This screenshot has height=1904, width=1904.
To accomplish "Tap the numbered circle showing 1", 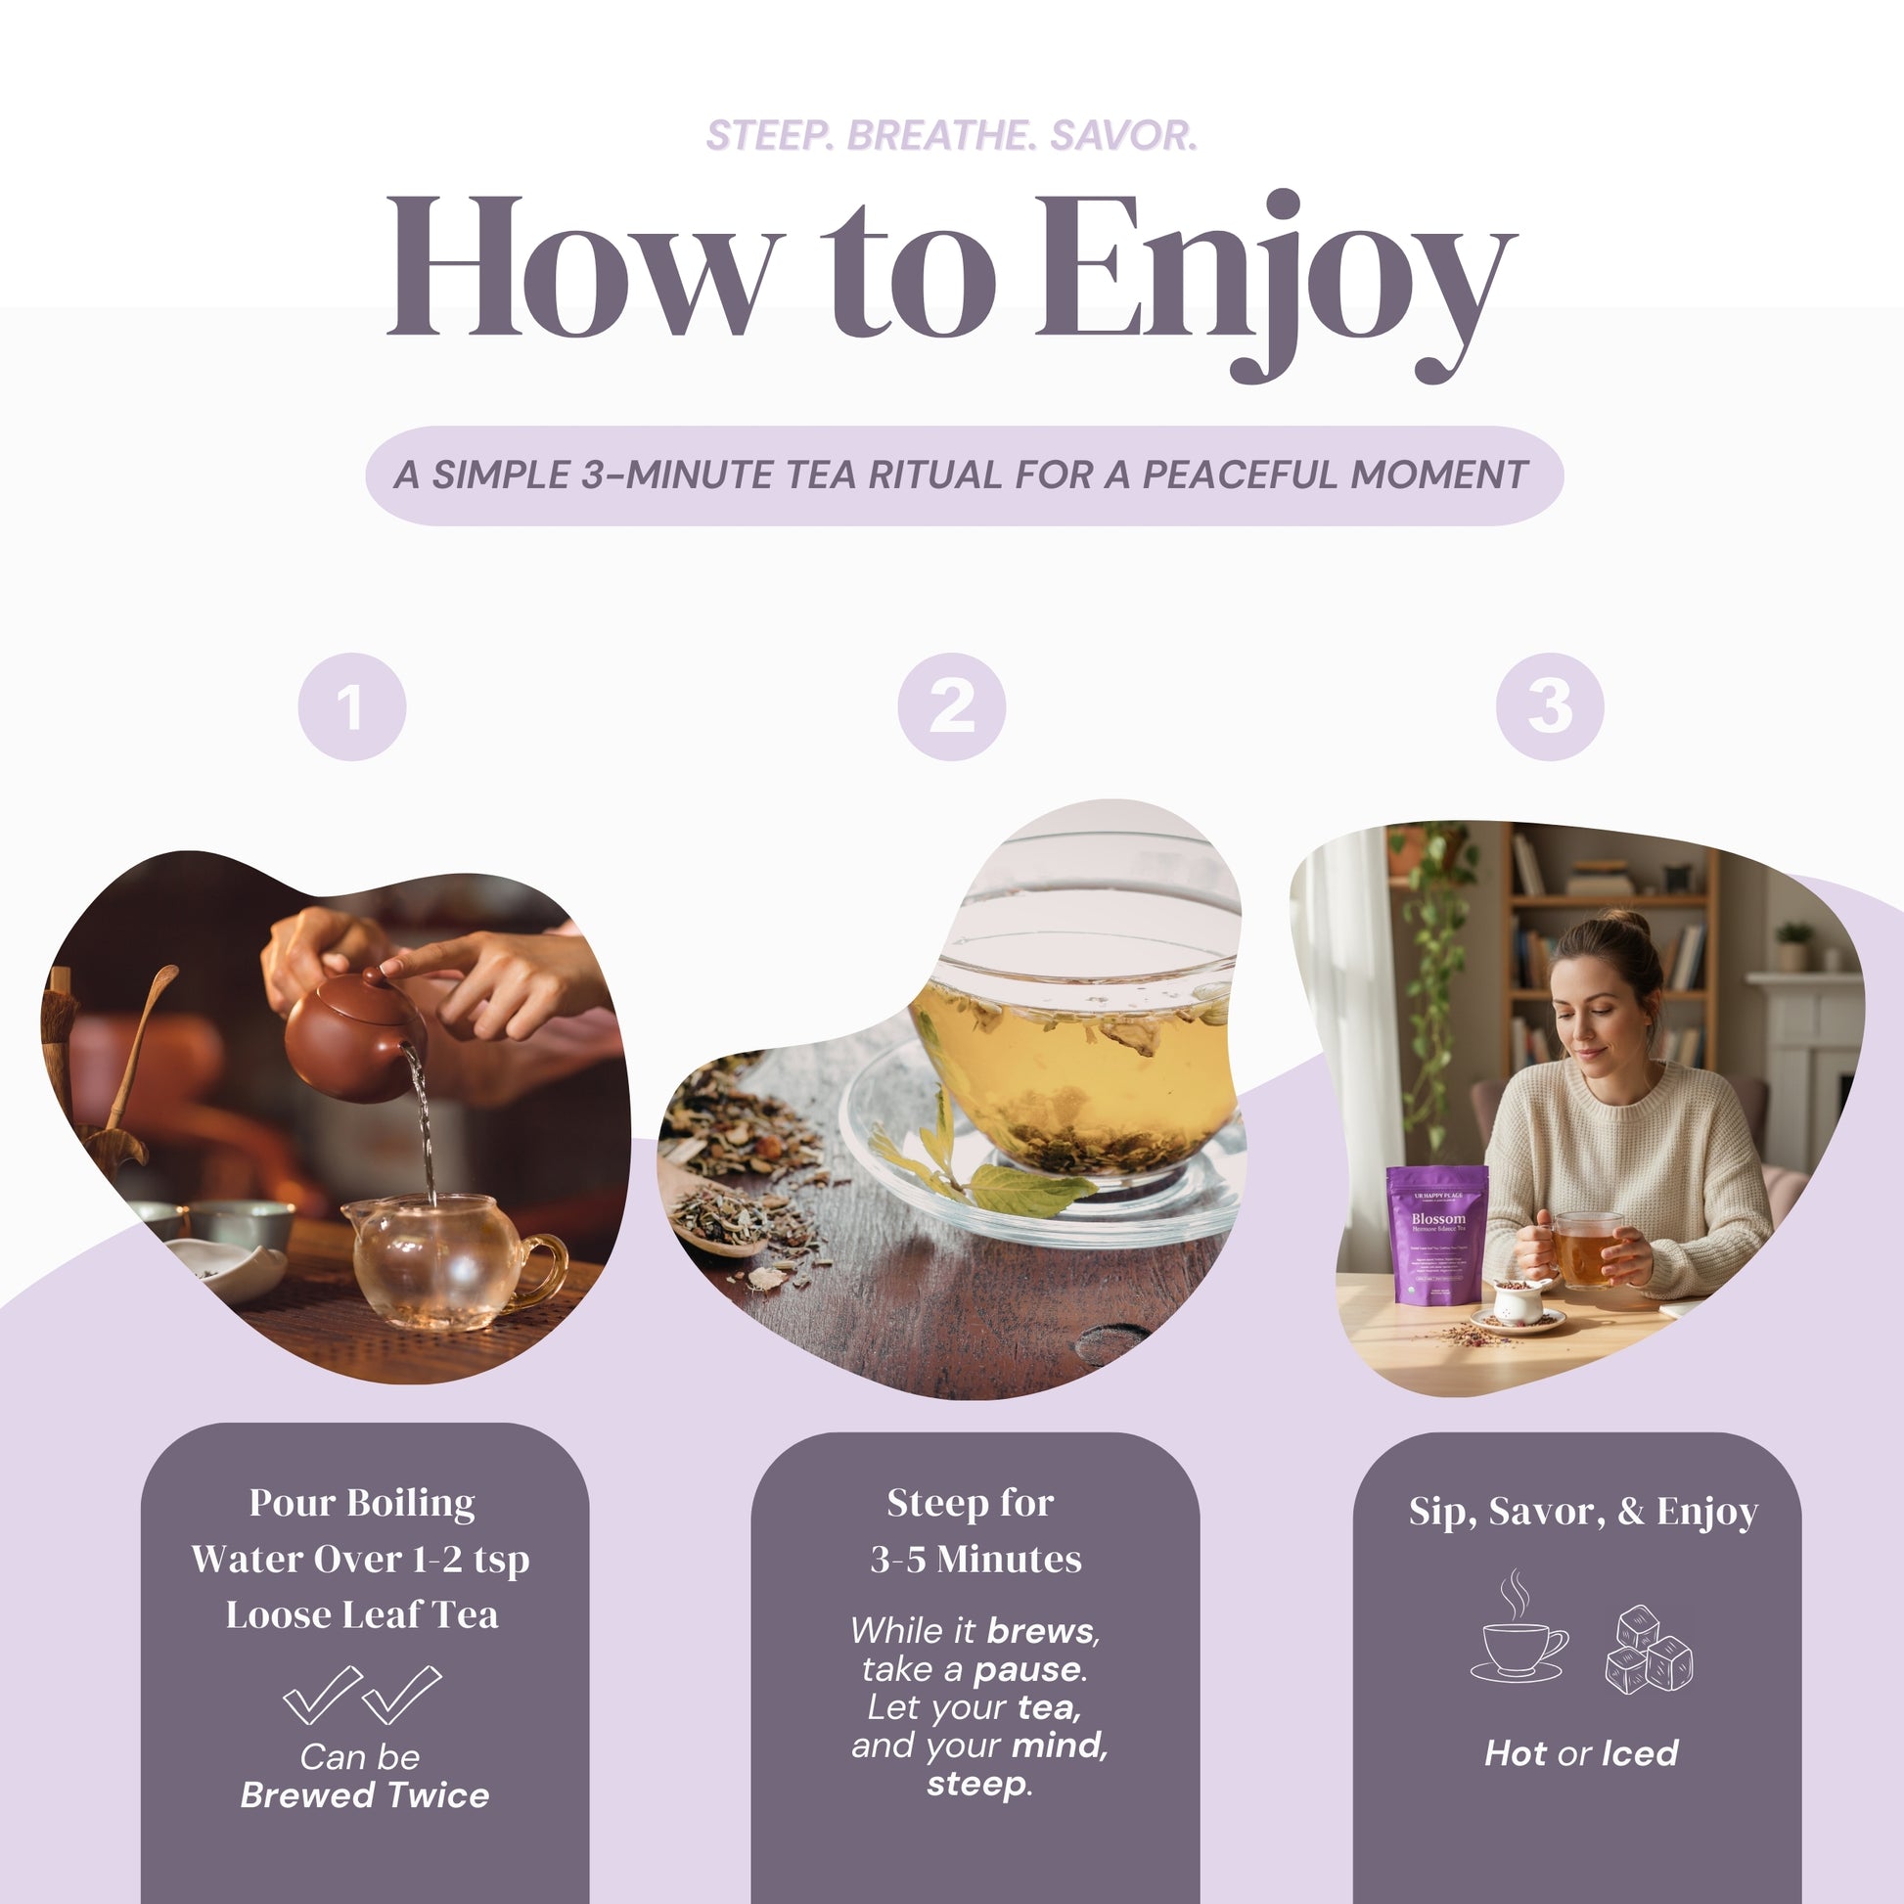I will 352,706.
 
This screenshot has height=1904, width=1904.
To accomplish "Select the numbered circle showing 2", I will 951,706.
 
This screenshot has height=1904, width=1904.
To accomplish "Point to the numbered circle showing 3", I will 1549,706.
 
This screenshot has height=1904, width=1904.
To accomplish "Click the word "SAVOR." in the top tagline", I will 1123,136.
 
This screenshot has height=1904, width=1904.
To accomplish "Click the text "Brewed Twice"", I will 365,1794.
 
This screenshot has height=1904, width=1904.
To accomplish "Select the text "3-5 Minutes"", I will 975,1559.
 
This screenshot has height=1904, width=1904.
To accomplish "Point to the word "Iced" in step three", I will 1640,1753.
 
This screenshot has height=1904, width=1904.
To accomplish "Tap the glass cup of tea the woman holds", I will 1586,1250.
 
